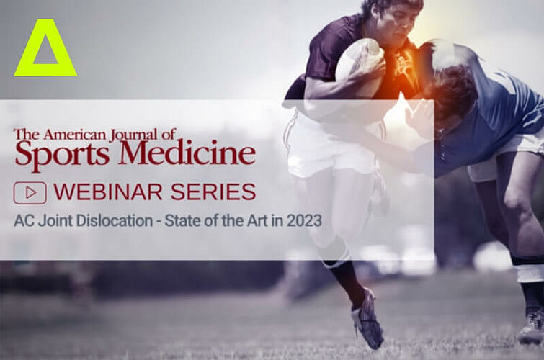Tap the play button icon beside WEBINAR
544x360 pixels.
[30, 193]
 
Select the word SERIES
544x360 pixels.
[213, 192]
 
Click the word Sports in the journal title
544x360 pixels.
[62, 154]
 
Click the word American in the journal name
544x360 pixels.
[74, 135]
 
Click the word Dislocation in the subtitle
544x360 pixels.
[114, 221]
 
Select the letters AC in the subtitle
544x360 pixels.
[24, 221]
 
